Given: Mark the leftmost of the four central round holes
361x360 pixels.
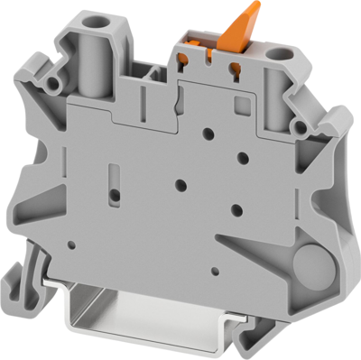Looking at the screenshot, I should pos(180,183).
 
